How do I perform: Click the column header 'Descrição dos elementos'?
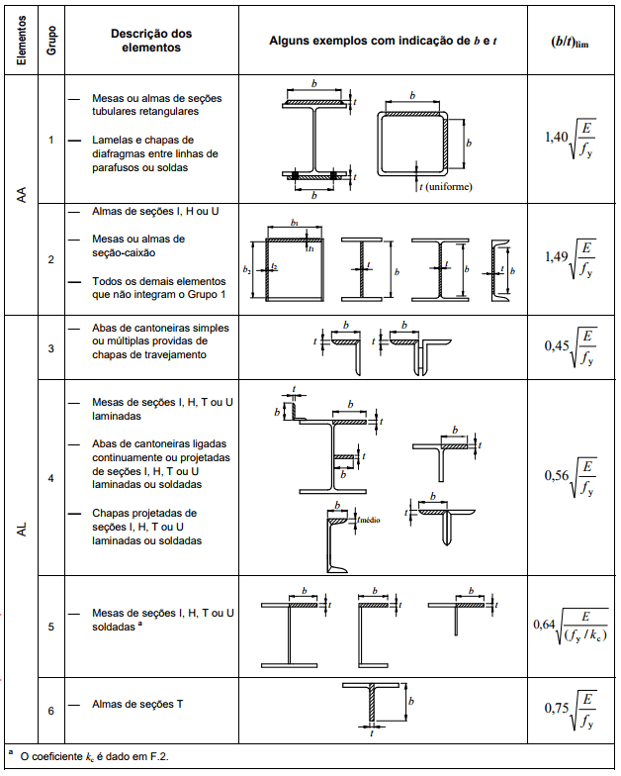151,41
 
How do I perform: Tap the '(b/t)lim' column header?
570,42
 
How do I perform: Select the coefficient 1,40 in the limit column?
556,137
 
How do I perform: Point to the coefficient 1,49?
556,256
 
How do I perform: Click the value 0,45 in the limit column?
557,345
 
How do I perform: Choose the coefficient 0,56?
557,475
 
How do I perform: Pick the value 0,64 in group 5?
544,625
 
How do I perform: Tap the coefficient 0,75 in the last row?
557,708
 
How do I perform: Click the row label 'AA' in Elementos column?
22,194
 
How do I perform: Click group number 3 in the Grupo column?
51,348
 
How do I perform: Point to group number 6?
51,711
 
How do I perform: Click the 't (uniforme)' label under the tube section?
445,186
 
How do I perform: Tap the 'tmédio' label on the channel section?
369,520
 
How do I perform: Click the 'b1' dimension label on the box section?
295,223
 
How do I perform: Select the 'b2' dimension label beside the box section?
246,269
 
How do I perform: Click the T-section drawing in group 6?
372,703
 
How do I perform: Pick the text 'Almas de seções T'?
137,704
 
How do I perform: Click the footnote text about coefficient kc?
95,756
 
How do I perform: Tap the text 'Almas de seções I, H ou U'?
155,212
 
